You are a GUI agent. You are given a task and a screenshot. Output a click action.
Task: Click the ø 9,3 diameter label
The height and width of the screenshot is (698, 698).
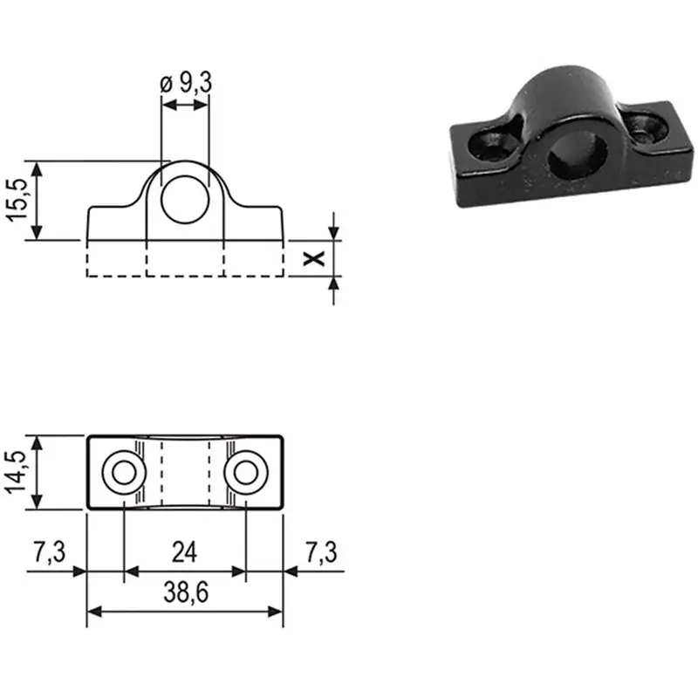point(186,83)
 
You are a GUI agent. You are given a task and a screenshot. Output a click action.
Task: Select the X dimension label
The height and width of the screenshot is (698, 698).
point(314,258)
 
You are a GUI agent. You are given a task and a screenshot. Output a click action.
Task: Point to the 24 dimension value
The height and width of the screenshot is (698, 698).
point(184,552)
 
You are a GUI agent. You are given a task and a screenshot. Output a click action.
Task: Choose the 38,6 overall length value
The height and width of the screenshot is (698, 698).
point(186,592)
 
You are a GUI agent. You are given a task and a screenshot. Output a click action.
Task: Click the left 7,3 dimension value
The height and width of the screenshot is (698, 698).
point(50,552)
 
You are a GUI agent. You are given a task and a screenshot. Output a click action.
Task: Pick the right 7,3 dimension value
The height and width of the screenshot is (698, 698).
point(321,552)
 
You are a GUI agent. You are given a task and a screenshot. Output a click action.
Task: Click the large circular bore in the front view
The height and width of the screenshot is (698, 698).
point(185,200)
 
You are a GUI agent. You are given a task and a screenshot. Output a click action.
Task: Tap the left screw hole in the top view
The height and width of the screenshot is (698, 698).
point(124,472)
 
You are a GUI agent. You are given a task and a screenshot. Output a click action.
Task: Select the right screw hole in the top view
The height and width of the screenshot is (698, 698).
point(246,472)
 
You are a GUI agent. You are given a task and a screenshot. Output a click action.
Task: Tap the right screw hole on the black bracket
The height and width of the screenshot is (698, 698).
point(646,128)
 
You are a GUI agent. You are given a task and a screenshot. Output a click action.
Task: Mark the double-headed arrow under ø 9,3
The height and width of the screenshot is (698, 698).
point(185,106)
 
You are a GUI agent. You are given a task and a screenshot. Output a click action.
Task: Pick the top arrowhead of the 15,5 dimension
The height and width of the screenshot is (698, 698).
point(37,169)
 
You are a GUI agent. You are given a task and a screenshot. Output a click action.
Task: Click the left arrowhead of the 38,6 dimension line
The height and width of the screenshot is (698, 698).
point(94,612)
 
